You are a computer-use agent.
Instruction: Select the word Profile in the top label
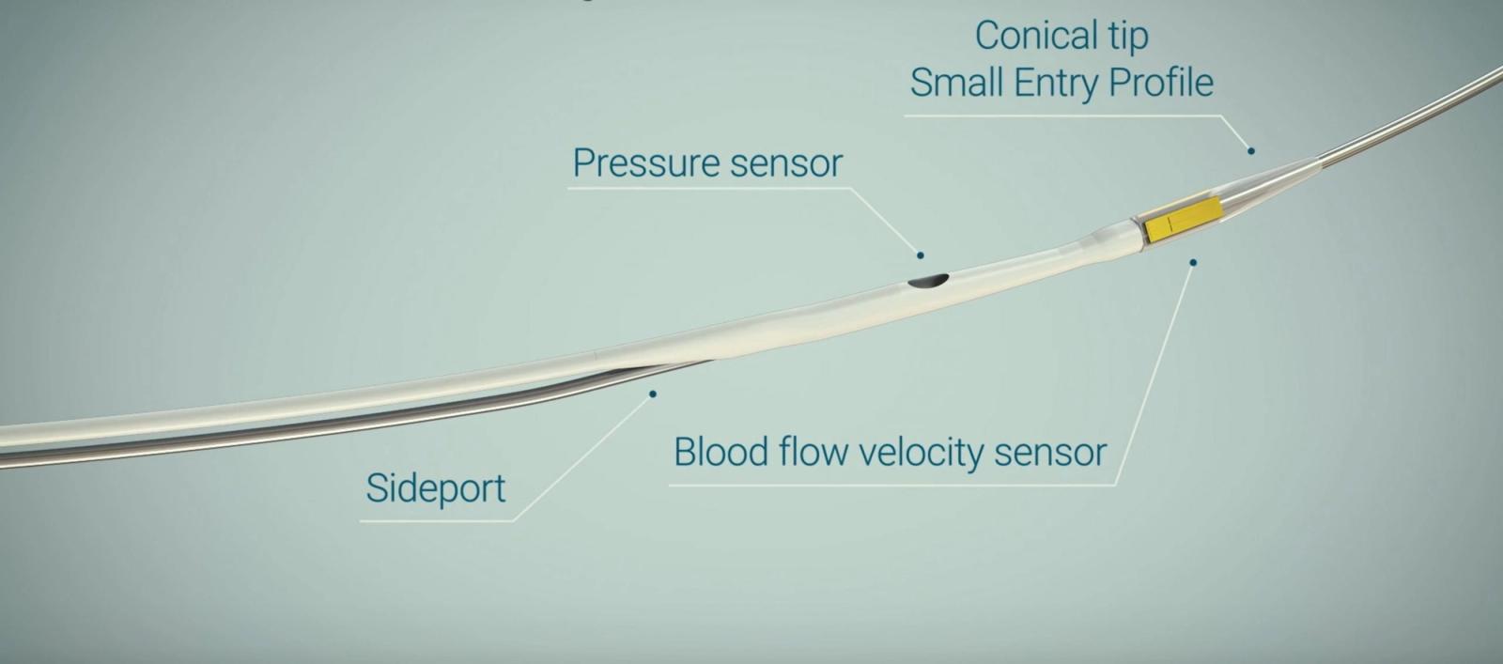pos(1161,83)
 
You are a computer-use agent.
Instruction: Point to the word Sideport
pos(436,488)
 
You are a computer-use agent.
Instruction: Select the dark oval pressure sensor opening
pos(928,281)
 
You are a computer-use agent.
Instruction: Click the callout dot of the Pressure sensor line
pos(921,255)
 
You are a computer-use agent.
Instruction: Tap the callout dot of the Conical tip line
pos(1250,151)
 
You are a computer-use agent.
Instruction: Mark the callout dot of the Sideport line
pos(653,394)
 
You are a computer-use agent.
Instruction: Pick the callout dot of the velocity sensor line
pos(1193,263)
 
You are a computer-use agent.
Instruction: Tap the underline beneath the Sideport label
pos(437,520)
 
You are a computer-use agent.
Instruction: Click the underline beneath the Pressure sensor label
pos(710,189)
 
